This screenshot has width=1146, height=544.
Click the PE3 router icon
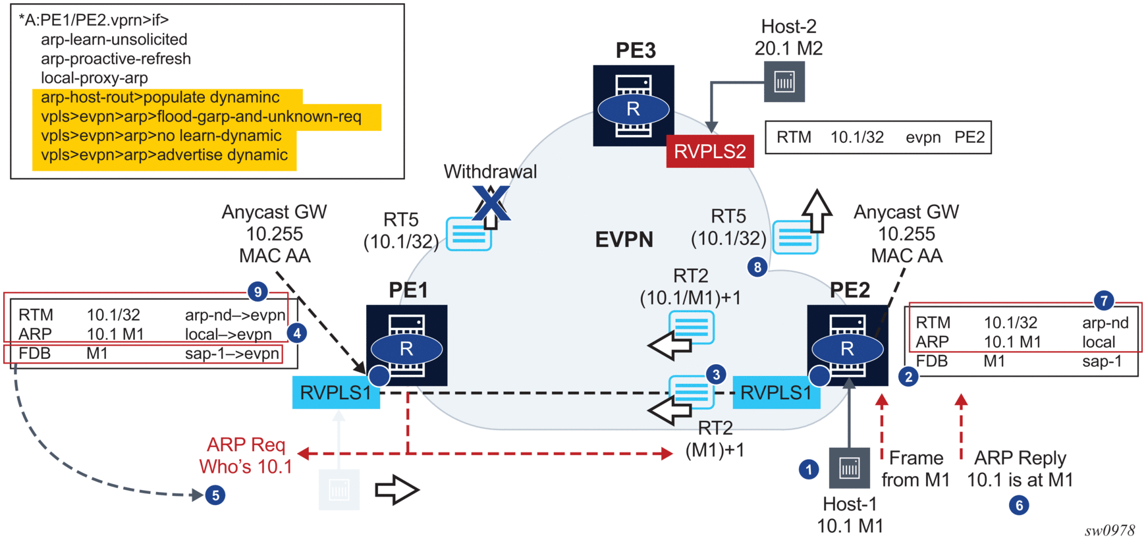(x=633, y=105)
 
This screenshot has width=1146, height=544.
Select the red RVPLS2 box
(x=709, y=151)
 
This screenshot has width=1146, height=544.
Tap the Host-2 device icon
(x=784, y=82)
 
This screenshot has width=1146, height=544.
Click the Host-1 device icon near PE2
(x=849, y=468)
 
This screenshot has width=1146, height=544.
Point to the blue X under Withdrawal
(x=491, y=202)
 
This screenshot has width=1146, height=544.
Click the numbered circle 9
(x=258, y=291)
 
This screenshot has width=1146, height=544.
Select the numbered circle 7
(x=1104, y=300)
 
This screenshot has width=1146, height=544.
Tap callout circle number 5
(x=215, y=495)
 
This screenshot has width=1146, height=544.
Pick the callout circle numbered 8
(x=757, y=267)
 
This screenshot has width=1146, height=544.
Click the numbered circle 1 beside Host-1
(x=809, y=469)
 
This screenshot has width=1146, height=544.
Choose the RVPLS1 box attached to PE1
(x=336, y=393)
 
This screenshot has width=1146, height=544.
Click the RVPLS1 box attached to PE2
(x=776, y=393)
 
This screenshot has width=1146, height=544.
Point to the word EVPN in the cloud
(x=624, y=239)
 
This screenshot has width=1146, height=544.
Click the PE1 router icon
(x=406, y=345)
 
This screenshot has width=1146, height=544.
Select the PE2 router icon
(x=847, y=345)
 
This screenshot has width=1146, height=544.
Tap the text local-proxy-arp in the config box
(x=94, y=78)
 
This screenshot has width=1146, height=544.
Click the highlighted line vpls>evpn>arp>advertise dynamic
(x=164, y=155)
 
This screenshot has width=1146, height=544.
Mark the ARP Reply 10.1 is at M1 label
(x=1020, y=469)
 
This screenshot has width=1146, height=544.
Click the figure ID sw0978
(x=1110, y=530)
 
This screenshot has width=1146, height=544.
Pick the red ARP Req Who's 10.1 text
(x=246, y=455)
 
